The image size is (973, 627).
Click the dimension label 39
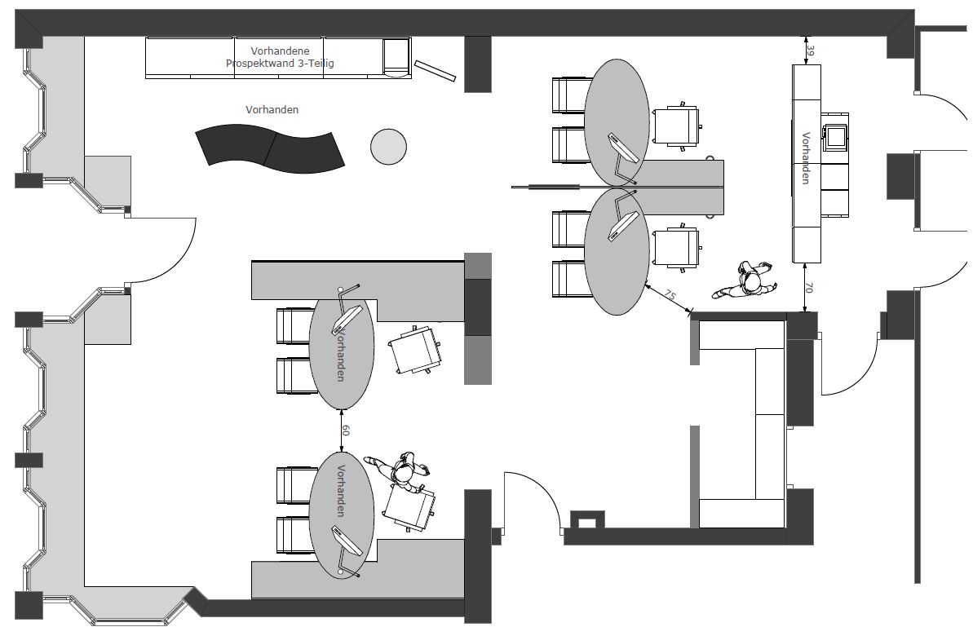click(x=811, y=48)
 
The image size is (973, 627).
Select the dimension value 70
click(x=809, y=287)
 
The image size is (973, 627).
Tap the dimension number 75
click(x=671, y=294)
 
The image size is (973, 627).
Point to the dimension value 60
click(x=347, y=430)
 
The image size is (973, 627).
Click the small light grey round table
click(x=388, y=147)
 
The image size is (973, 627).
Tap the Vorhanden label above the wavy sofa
click(x=272, y=110)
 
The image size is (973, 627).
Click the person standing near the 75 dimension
click(x=745, y=281)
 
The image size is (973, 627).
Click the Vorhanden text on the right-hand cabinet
click(x=806, y=158)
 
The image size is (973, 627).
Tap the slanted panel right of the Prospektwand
click(x=435, y=71)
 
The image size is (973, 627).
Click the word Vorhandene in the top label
click(x=280, y=51)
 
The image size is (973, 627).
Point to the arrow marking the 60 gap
click(x=341, y=430)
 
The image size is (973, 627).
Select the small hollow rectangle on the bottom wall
click(x=587, y=519)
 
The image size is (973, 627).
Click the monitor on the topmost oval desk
click(x=623, y=148)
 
